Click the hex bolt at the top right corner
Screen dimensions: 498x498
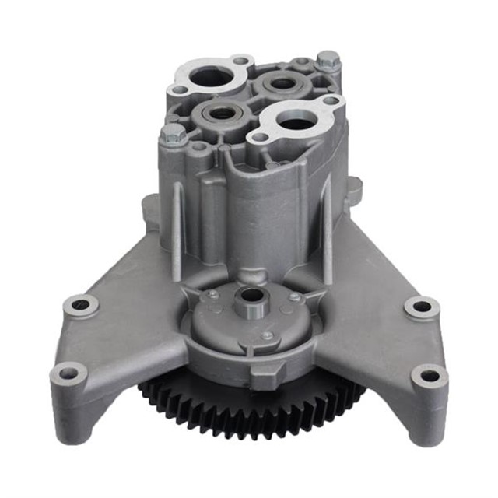[x=328, y=61]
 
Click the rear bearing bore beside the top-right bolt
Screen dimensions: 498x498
[x=282, y=83]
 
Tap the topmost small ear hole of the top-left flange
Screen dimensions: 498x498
[x=241, y=61]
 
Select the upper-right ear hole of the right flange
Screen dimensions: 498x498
[x=331, y=100]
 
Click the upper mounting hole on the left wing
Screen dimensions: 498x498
[x=81, y=305]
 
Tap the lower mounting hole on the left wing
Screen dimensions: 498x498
[x=68, y=373]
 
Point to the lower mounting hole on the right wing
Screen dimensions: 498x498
[x=429, y=377]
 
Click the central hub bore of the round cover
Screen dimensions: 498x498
[x=251, y=296]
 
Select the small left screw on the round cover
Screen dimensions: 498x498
[x=211, y=295]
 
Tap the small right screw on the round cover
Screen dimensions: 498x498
[x=295, y=296]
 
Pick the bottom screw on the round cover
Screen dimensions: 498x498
[x=267, y=336]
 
